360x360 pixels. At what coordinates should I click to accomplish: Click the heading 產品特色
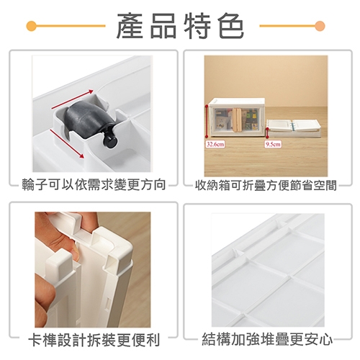180,26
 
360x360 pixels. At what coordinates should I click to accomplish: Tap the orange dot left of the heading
31,26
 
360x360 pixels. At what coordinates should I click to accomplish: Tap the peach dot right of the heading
320,26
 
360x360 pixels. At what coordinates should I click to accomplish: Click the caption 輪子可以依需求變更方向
94,185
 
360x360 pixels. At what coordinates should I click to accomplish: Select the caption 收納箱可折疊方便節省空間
266,185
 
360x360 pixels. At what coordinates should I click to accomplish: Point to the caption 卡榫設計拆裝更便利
94,339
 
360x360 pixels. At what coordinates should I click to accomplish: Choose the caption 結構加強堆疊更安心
267,338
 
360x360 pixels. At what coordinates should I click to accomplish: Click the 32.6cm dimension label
215,144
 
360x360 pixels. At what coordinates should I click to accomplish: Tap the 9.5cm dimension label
273,144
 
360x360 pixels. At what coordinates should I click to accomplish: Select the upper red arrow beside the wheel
72,99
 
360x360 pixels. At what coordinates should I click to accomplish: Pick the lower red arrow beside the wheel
67,143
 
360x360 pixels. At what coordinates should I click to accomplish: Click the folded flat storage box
294,128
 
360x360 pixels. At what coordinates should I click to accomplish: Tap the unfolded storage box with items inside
237,118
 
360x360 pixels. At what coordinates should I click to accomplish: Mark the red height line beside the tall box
207,122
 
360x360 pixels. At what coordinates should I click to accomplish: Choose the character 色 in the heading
231,26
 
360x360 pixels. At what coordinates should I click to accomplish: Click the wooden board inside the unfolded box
237,120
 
